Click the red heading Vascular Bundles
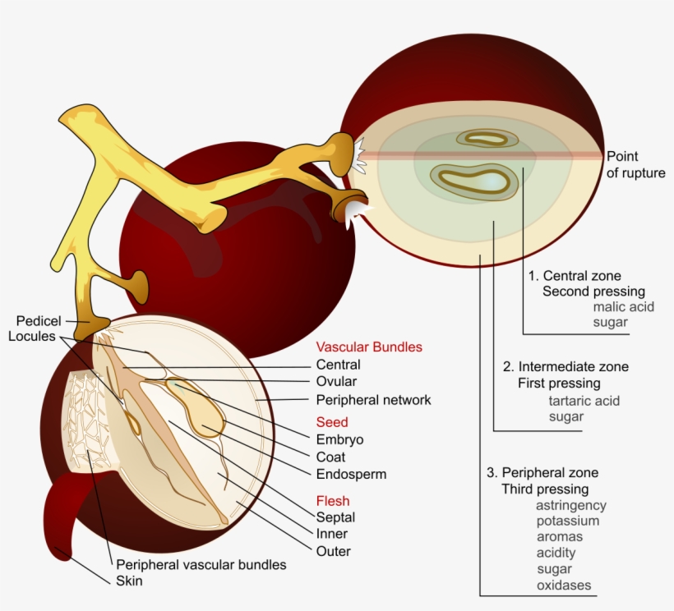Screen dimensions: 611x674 point(369,347)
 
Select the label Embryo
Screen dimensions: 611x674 point(339,439)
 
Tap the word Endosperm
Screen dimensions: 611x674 point(351,474)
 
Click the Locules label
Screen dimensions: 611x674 point(32,336)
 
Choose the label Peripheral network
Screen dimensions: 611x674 point(373,400)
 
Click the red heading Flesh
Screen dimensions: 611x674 point(333,500)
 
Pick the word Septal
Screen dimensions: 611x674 point(335,517)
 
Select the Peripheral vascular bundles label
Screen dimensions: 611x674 point(201,564)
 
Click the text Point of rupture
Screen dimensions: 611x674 point(635,164)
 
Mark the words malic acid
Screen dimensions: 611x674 point(621,306)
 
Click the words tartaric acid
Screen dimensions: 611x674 point(584,401)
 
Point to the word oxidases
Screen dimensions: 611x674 point(563,586)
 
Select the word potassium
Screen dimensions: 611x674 point(567,521)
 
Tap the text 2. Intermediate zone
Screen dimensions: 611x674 point(566,366)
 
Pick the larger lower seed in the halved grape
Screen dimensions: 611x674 point(475,181)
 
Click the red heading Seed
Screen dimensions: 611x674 point(332,422)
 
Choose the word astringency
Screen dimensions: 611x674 point(571,505)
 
